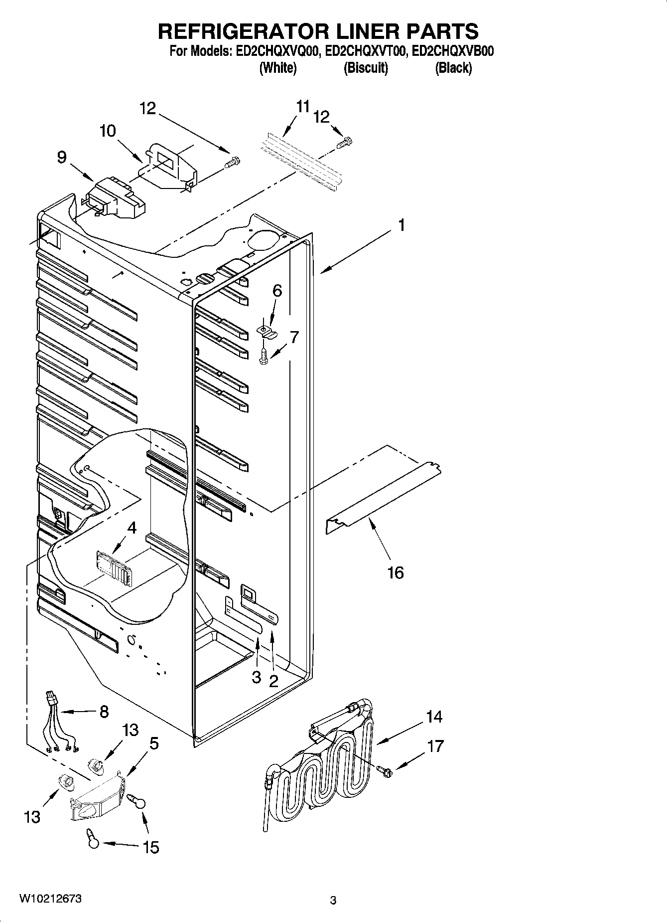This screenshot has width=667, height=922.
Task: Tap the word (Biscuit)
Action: pyautogui.click(x=366, y=68)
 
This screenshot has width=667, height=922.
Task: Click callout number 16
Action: pyautogui.click(x=395, y=573)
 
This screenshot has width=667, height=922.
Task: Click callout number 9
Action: pyautogui.click(x=61, y=158)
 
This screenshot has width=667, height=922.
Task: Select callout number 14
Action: pyautogui.click(x=434, y=717)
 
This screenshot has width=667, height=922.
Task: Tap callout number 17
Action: pyautogui.click(x=435, y=746)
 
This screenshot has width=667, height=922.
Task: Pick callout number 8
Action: pyautogui.click(x=104, y=712)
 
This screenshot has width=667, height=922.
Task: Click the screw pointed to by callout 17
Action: pyautogui.click(x=386, y=771)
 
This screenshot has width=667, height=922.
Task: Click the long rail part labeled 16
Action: pyautogui.click(x=384, y=494)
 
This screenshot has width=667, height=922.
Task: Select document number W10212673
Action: pyautogui.click(x=50, y=899)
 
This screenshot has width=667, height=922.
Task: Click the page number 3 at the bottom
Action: pyautogui.click(x=333, y=901)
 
